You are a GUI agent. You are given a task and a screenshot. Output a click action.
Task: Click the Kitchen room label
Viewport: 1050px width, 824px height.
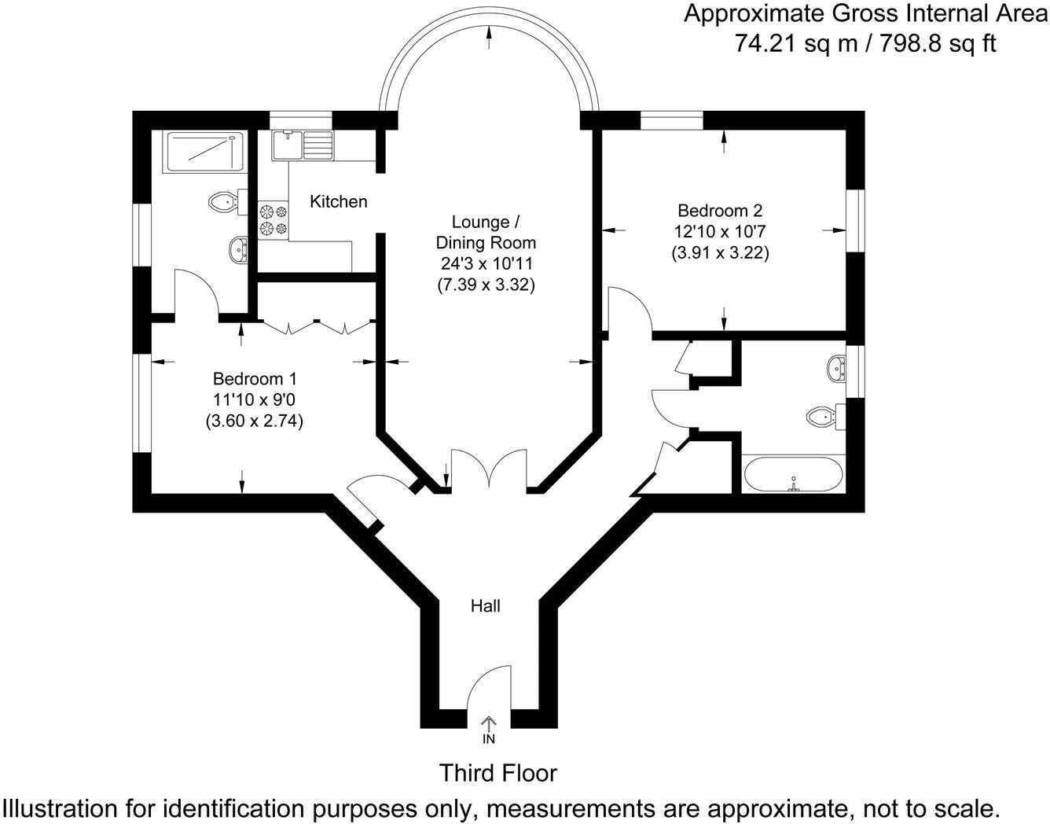point(338,202)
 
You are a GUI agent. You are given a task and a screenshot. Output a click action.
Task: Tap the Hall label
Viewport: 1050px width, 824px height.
point(485,605)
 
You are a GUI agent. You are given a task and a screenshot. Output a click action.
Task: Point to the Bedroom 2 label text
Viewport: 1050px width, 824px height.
point(720,211)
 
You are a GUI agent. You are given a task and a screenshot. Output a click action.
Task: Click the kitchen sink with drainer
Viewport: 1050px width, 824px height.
point(303,145)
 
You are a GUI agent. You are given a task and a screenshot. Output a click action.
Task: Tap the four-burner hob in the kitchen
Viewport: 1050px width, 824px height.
point(274,219)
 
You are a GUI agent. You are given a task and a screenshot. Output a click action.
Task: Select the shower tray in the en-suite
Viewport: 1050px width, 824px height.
point(201,152)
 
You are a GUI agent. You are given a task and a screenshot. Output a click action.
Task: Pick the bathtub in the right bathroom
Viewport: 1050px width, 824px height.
point(793,475)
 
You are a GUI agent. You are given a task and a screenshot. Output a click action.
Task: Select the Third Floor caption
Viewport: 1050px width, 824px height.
point(498,773)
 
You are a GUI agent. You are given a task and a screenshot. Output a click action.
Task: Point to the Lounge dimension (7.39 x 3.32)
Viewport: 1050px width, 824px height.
point(486,285)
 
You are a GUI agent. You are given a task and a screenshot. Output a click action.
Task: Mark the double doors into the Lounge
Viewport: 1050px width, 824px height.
point(488,470)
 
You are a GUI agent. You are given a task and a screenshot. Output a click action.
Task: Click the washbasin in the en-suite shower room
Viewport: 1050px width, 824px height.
point(237,251)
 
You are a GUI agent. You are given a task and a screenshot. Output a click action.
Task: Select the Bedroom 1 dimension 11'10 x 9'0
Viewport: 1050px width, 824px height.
point(254,399)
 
